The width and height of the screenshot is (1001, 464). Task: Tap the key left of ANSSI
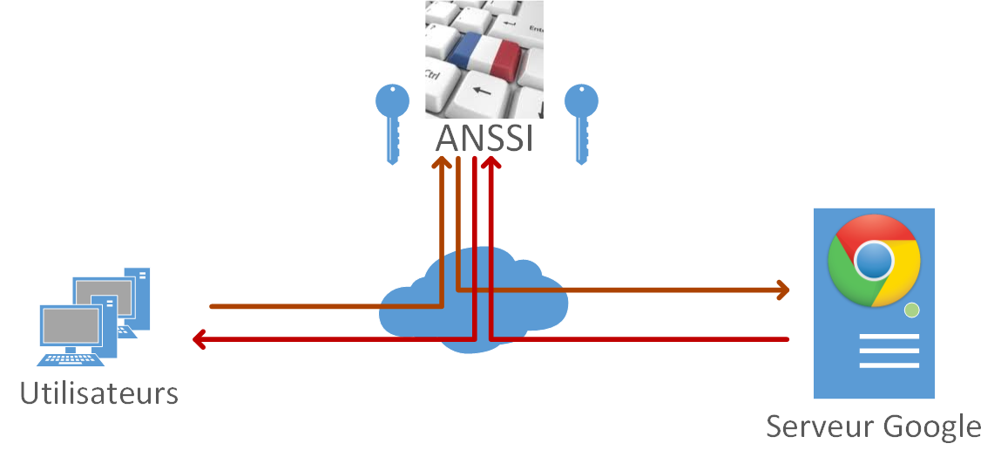pyautogui.click(x=392, y=121)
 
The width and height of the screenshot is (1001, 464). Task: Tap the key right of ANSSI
pyautogui.click(x=581, y=121)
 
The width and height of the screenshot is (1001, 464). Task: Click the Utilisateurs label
pyautogui.click(x=99, y=393)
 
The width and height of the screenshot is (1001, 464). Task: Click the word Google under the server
pyautogui.click(x=932, y=427)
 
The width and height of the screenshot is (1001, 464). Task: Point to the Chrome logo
pyautogui.click(x=874, y=260)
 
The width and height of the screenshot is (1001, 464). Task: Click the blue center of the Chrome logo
pyautogui.click(x=874, y=260)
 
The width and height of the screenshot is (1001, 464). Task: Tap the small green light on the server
pyautogui.click(x=912, y=310)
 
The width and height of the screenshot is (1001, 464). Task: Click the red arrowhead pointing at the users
pyautogui.click(x=199, y=338)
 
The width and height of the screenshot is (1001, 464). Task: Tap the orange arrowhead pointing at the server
pyautogui.click(x=782, y=290)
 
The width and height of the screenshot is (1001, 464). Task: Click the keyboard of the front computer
pyautogui.click(x=74, y=358)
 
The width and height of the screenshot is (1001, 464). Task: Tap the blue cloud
pyautogui.click(x=475, y=297)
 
